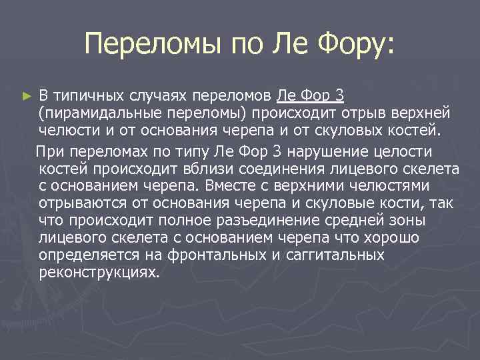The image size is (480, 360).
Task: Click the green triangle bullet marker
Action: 26,97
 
